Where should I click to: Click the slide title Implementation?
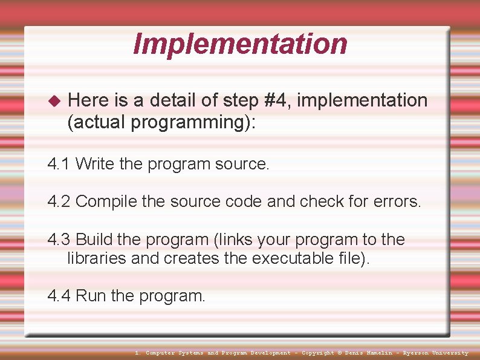[240, 44]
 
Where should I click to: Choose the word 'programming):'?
[193, 123]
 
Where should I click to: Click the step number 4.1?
[59, 164]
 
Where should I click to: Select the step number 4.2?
[59, 201]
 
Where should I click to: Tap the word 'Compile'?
[106, 201]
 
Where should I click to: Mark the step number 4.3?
[59, 240]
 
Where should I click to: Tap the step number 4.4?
[59, 296]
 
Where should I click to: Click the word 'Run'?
[91, 296]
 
